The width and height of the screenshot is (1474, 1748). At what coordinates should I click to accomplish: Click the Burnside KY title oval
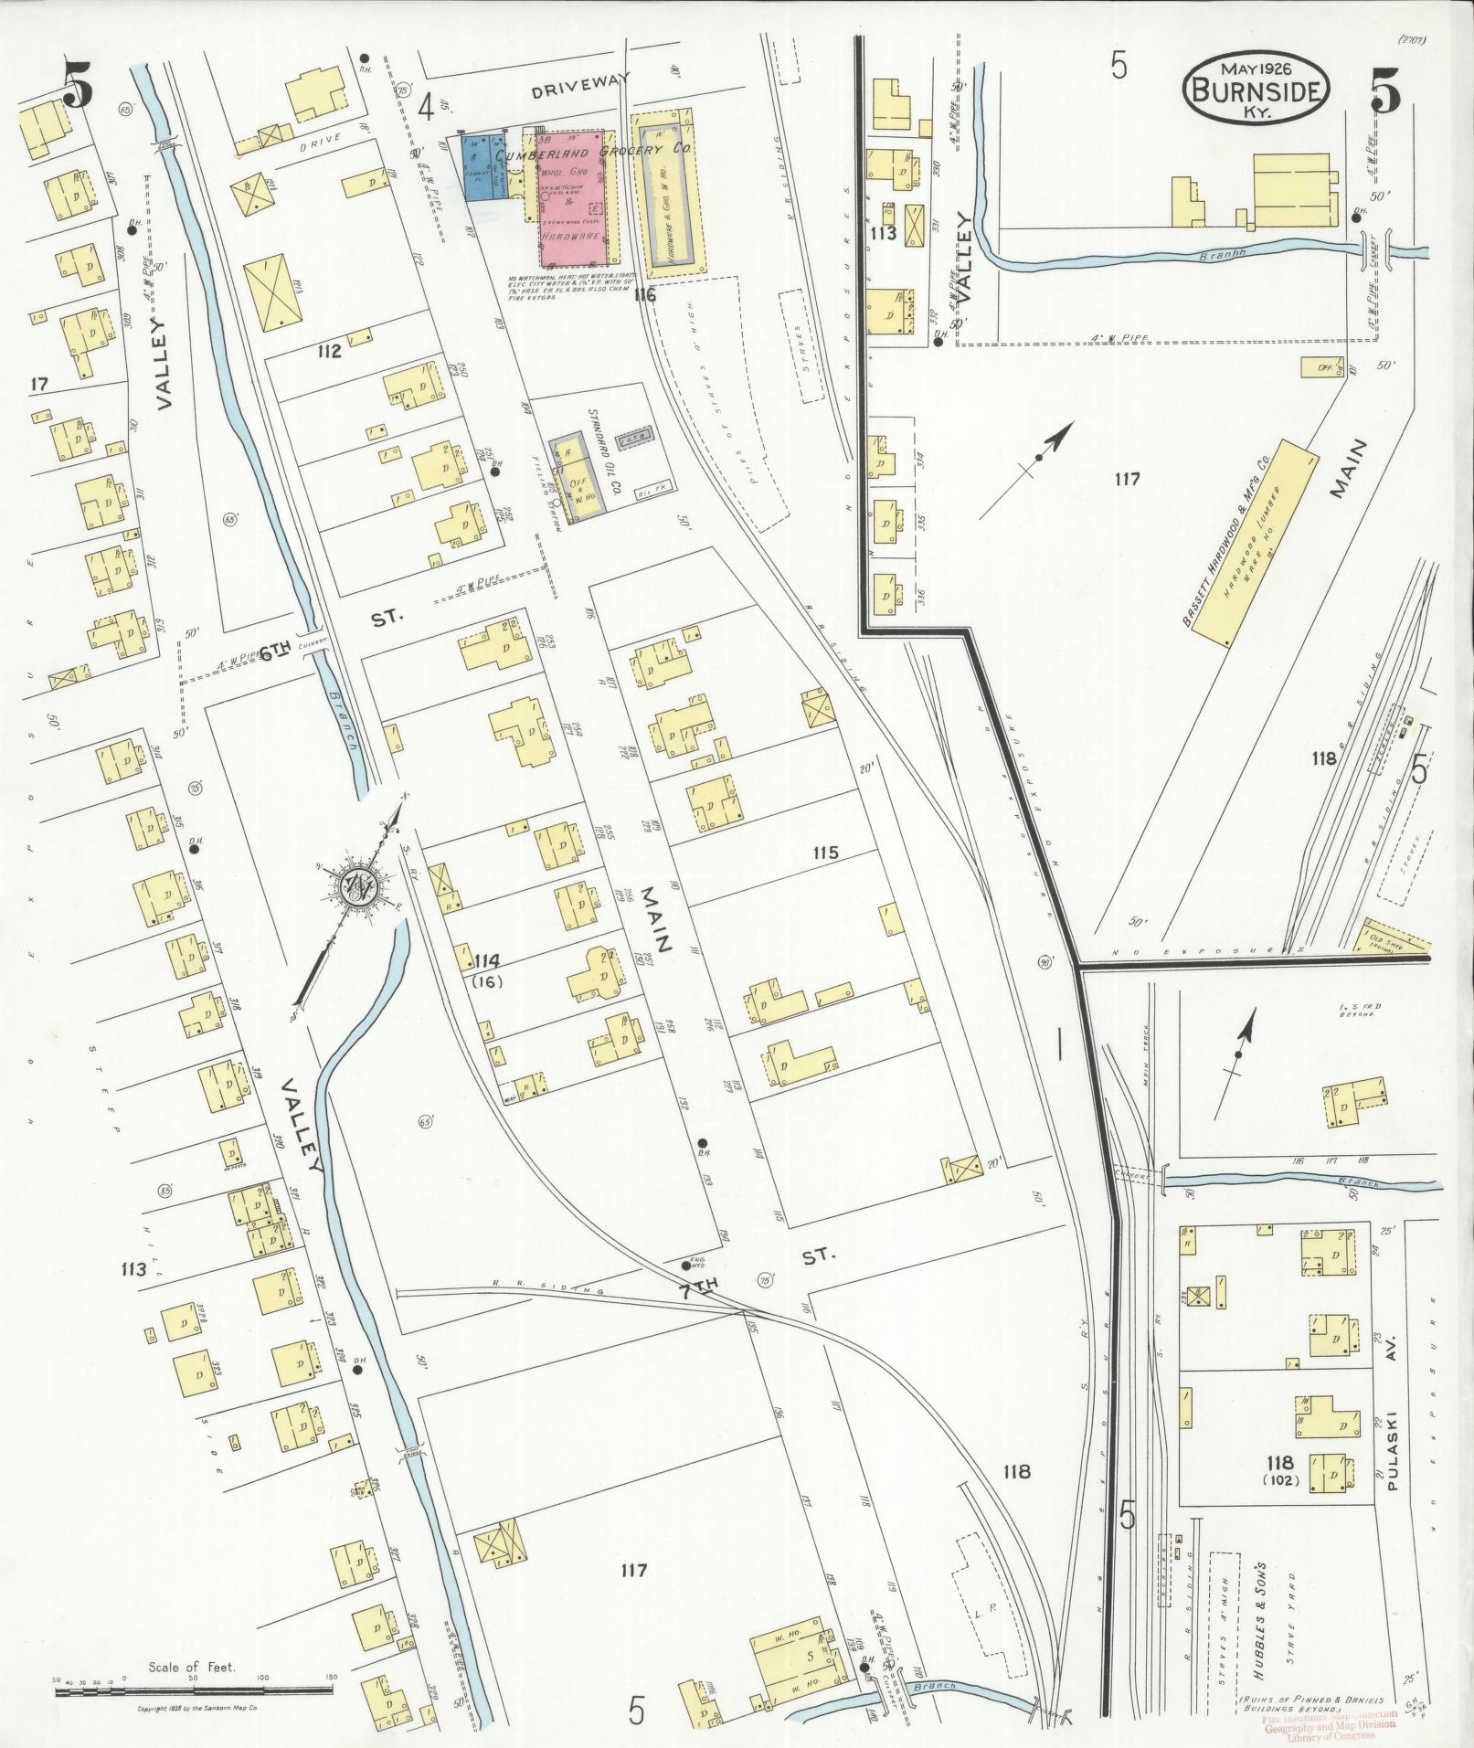(1256, 90)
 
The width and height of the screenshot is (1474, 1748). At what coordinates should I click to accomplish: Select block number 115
(825, 853)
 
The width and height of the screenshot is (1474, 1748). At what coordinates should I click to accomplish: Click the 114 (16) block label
(487, 969)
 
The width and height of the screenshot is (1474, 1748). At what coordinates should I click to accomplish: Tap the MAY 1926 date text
(1255, 69)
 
